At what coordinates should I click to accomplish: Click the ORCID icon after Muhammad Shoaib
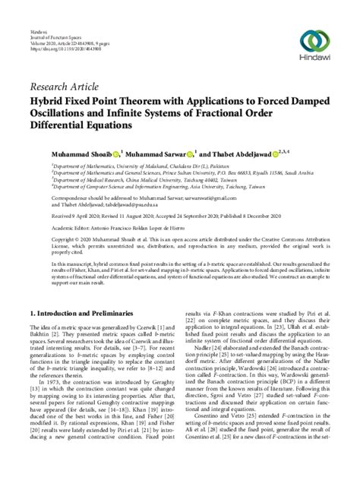(x=115, y=154)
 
